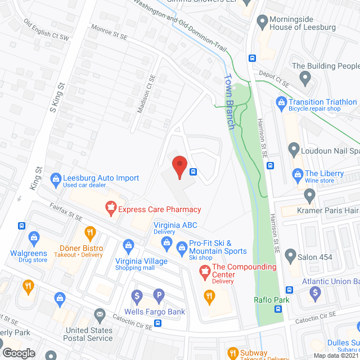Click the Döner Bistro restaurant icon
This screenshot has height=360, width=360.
click(x=89, y=232)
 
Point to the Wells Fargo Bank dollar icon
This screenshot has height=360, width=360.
click(x=137, y=295)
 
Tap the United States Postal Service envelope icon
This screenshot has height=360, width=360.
click(x=100, y=314)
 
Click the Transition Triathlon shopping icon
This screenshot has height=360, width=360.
click(x=281, y=102)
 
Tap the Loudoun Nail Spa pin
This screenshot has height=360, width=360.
click(x=293, y=150)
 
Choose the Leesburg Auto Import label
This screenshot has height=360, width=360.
click(x=101, y=178)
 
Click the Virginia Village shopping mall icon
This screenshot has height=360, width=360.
click(x=129, y=245)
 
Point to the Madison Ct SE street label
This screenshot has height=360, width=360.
click(x=146, y=94)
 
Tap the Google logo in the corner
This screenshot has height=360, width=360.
click(x=18, y=353)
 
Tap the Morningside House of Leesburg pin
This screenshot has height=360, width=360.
click(x=262, y=22)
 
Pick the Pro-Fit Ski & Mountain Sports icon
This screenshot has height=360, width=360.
click(x=182, y=247)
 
